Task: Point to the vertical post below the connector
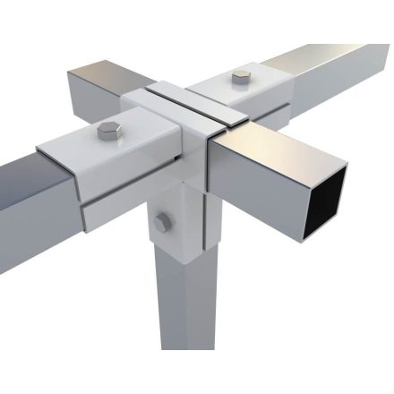click(x=184, y=304)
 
